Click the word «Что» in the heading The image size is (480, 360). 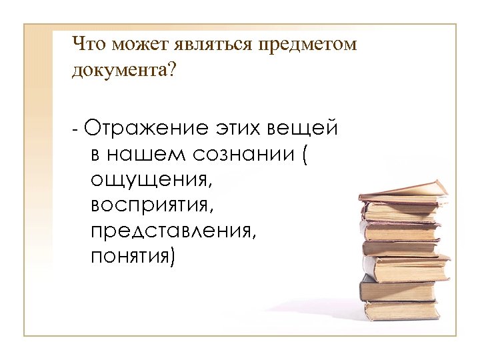click(x=89, y=45)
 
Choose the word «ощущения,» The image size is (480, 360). click(x=148, y=180)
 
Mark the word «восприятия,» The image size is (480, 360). click(x=154, y=205)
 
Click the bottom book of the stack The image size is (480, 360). click(x=400, y=309)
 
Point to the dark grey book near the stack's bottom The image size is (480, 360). click(x=397, y=290)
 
